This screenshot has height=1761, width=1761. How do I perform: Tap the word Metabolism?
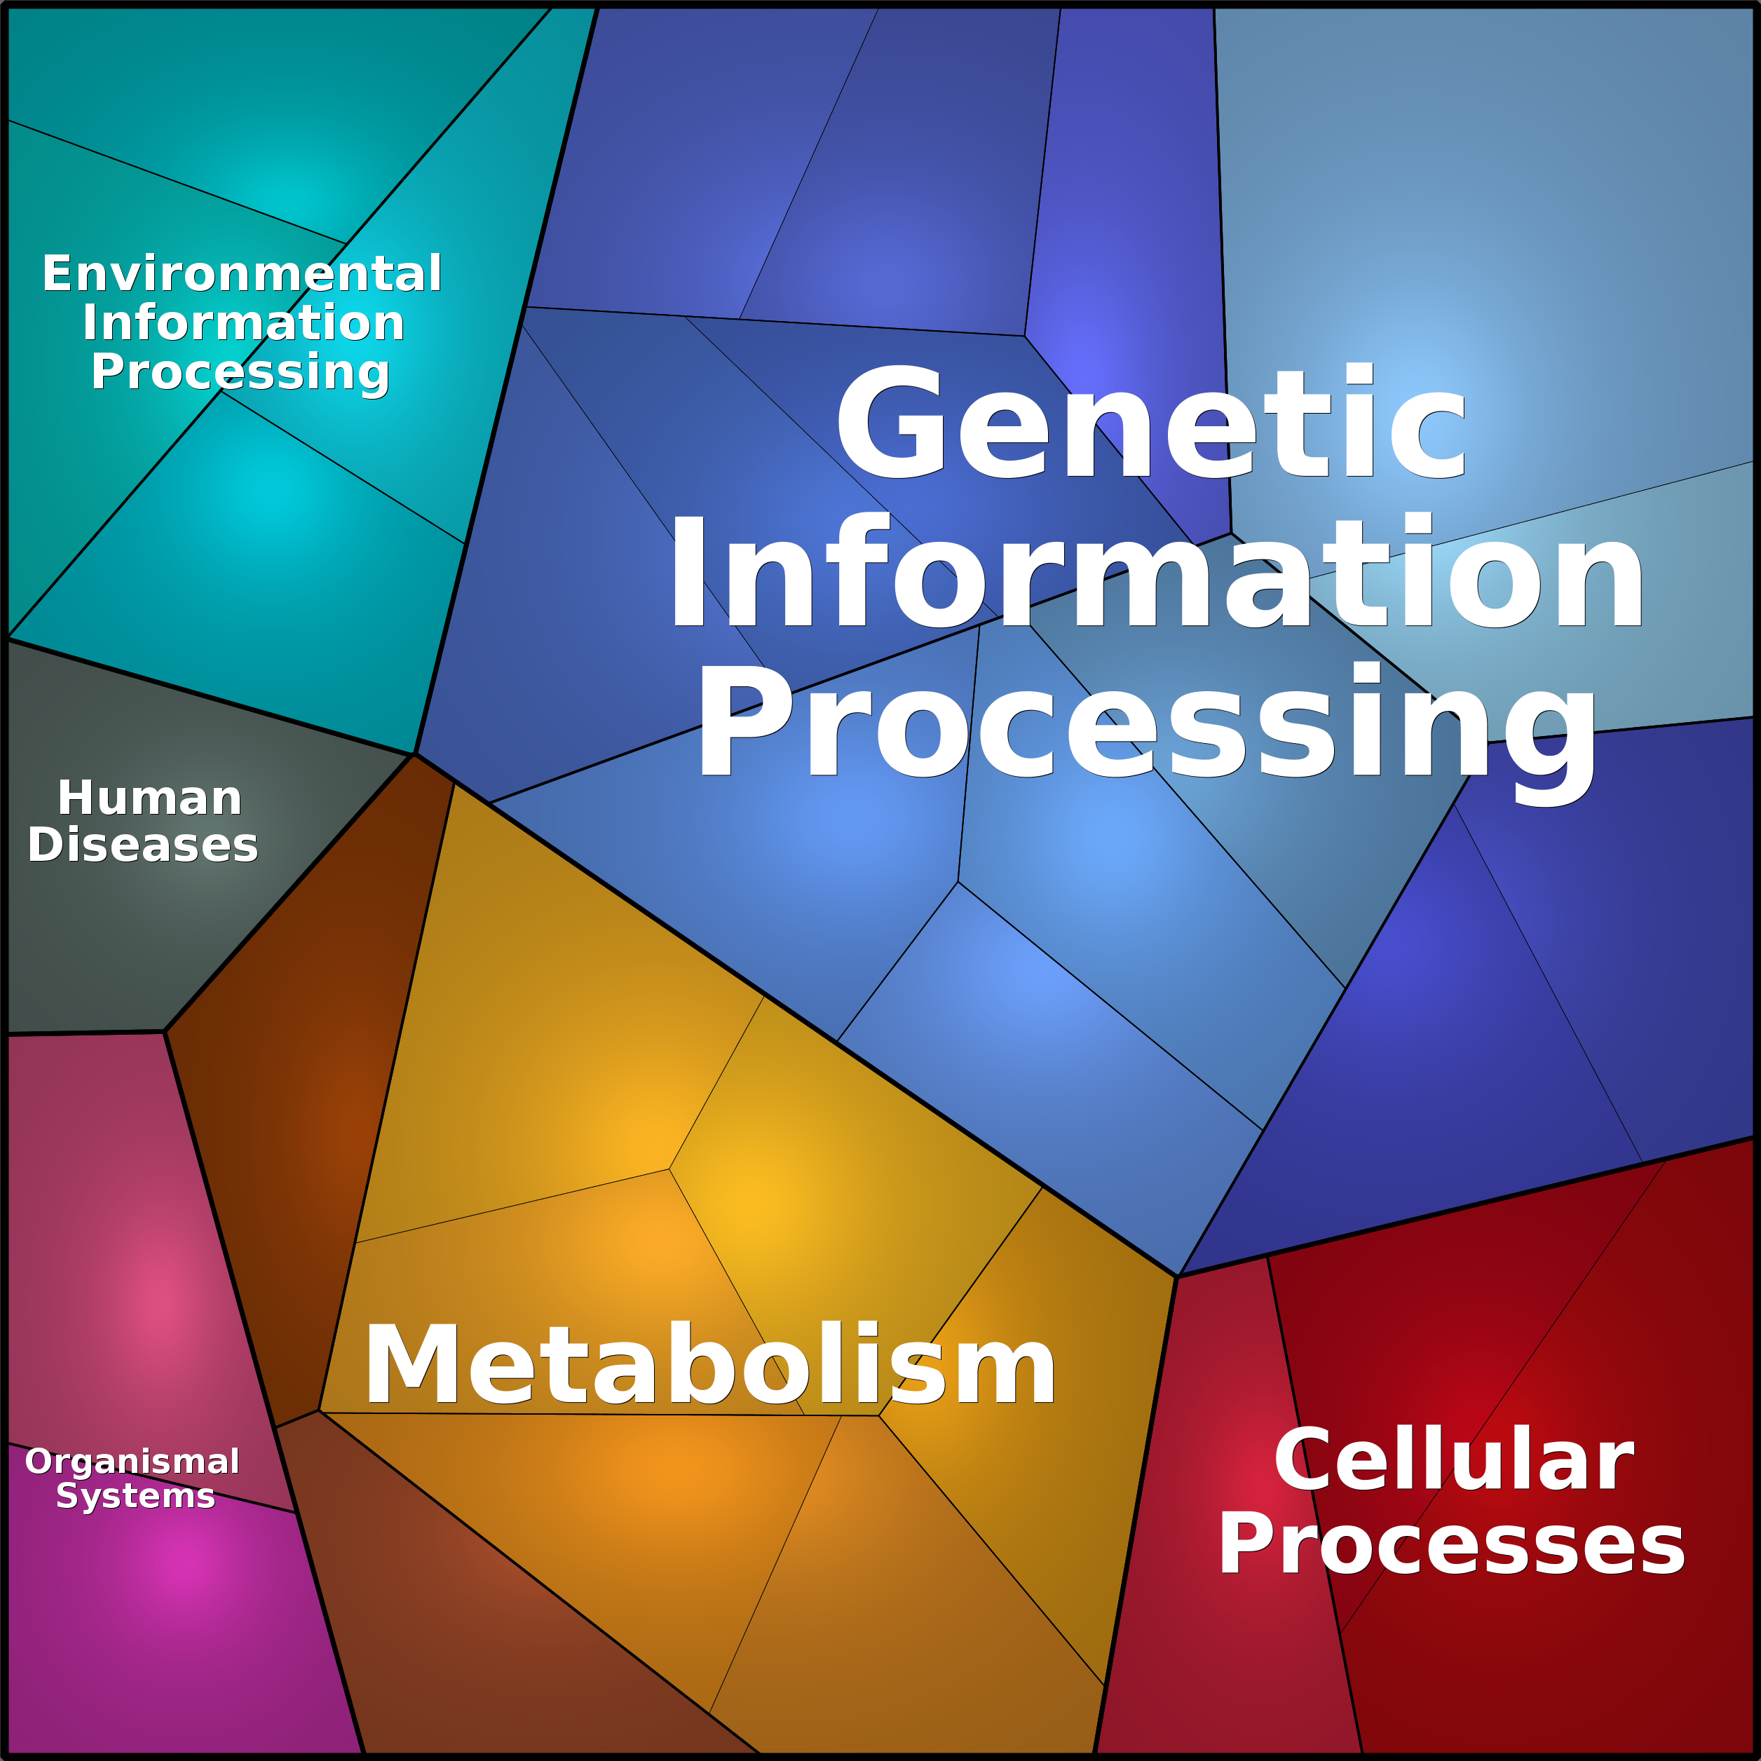pos(709,1364)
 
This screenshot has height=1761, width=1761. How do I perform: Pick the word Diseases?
pos(143,845)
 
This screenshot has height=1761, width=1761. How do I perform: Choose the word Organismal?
pos(132,1462)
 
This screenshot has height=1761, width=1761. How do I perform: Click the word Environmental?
pos(242,273)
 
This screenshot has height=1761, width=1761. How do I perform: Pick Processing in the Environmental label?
pos(240,374)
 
